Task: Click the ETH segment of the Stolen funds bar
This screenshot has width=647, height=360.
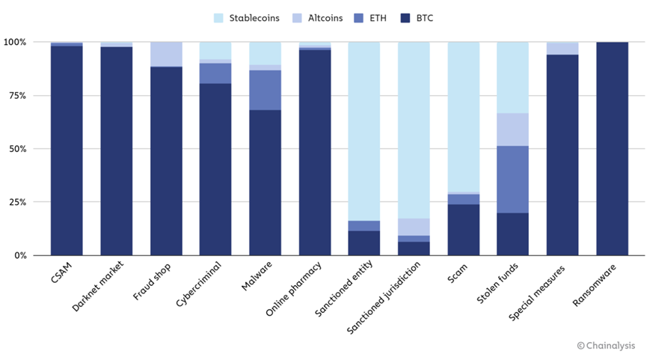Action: point(512,180)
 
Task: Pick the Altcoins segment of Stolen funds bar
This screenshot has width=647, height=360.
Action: point(512,129)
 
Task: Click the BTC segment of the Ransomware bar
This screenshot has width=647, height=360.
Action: point(612,150)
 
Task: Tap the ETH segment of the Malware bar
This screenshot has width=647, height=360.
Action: point(265,90)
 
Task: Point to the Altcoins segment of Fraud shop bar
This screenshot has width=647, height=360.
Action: point(166,54)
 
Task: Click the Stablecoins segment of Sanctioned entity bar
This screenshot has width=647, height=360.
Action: point(364,131)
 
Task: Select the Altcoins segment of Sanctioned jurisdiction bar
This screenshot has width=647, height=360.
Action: point(414,227)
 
